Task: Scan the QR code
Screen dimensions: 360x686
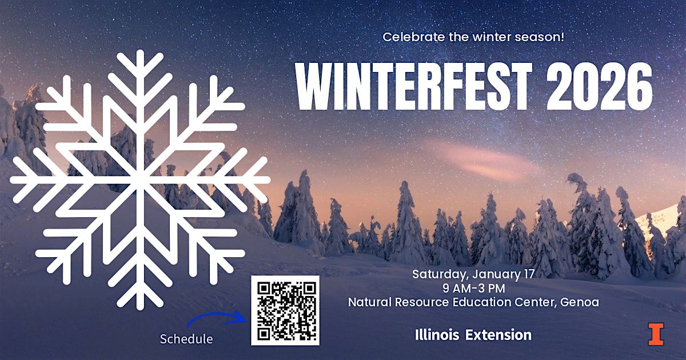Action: pos(285,310)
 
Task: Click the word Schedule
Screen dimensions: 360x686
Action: pos(186,339)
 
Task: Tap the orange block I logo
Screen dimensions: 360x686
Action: pos(656,334)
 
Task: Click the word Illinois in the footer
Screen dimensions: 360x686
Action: pos(437,335)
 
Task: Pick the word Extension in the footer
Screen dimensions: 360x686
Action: pos(498,335)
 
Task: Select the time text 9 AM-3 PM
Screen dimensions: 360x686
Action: pos(473,288)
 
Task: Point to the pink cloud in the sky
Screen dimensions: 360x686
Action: pos(486,161)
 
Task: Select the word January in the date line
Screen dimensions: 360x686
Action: pos(491,274)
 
